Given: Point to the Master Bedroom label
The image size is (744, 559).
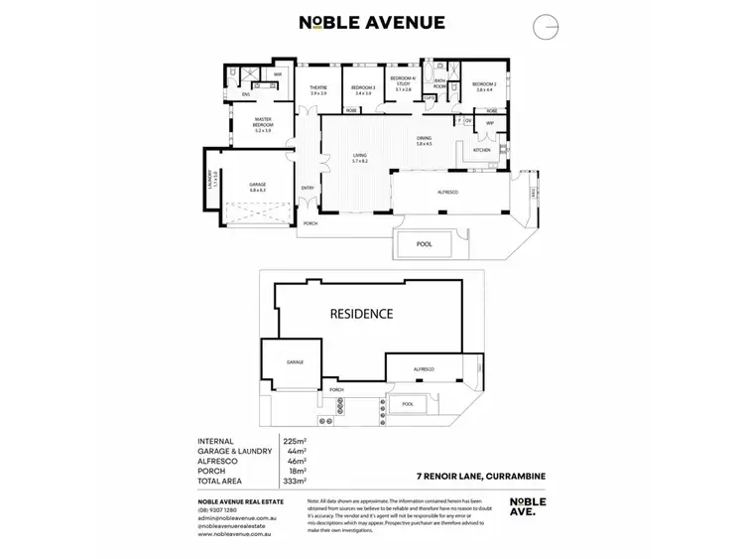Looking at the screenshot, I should click(x=263, y=125).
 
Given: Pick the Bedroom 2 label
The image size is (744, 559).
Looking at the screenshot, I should click(x=484, y=86).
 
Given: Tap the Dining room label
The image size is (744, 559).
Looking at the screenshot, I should click(x=424, y=140).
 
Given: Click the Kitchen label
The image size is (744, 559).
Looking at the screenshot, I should click(x=481, y=150).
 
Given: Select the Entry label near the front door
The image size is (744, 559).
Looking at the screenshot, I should click(x=308, y=188).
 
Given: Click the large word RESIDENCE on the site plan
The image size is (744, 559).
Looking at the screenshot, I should click(x=361, y=314).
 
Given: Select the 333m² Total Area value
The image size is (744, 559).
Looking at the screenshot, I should click(x=292, y=480).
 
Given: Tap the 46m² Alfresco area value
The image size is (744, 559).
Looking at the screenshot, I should click(x=291, y=461).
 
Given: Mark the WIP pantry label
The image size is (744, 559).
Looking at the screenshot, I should click(x=489, y=123).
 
